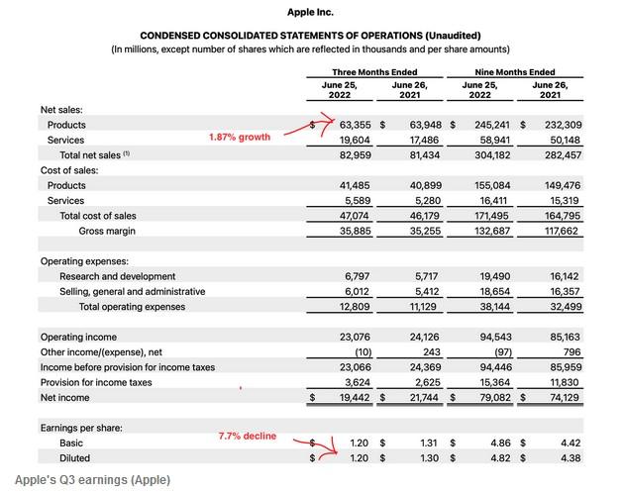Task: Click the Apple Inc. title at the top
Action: coord(310,12)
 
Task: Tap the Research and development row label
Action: coord(117,276)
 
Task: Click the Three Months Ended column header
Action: coord(373,71)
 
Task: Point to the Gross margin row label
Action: coord(107,231)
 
